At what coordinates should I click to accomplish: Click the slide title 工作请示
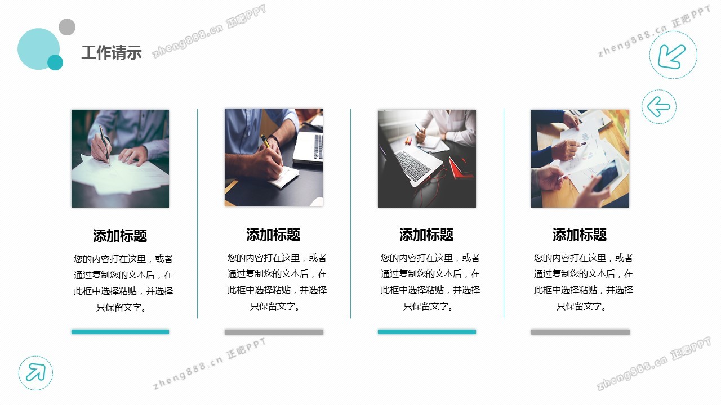(112, 52)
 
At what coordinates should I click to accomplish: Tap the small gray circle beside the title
(67, 27)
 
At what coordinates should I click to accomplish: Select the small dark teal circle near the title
(55, 62)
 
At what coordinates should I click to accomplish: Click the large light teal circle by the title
(39, 49)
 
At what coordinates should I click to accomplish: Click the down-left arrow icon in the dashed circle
(671, 57)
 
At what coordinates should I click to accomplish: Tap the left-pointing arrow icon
(658, 106)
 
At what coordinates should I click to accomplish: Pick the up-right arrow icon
(35, 372)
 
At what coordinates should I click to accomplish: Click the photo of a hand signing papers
(120, 159)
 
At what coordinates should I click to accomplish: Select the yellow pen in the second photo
(265, 141)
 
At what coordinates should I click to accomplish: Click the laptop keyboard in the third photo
(412, 165)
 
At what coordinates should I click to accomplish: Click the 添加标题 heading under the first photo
(120, 236)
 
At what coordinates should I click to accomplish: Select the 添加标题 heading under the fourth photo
(580, 235)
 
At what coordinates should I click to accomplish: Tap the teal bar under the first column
(120, 332)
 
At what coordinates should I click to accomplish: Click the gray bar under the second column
(274, 332)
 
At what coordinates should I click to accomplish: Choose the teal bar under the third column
(427, 332)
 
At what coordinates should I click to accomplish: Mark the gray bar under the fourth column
(580, 332)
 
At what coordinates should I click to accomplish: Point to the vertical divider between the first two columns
(197, 214)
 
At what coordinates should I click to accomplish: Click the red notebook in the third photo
(461, 167)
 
